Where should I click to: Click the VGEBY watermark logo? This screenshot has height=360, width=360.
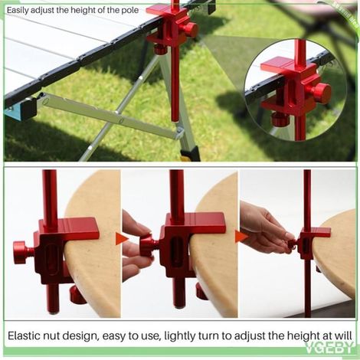(330, 347)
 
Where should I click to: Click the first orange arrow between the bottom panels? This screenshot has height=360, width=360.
(122, 239)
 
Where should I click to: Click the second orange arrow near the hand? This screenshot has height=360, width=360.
(241, 237)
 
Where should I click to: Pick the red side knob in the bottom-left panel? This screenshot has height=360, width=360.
(21, 253)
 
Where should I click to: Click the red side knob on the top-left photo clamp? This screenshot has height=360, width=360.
(189, 31)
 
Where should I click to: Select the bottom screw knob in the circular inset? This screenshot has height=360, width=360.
(280, 119)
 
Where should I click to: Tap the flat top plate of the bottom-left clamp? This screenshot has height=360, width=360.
(76, 228)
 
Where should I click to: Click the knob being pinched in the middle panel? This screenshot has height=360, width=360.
(146, 247)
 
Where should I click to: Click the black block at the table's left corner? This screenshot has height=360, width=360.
(28, 106)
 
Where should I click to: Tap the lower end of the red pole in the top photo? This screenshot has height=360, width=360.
(175, 119)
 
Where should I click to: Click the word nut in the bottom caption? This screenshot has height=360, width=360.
(50, 335)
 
